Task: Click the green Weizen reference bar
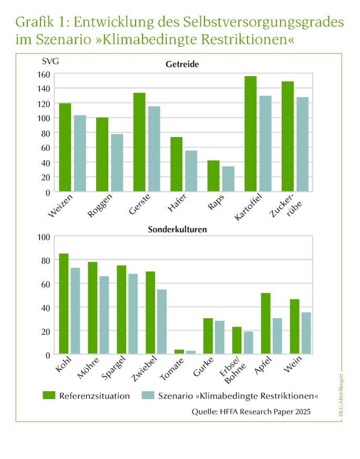65,147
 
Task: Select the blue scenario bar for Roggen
117,163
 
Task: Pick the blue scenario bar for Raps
228,179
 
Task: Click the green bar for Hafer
176,165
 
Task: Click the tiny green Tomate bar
179,352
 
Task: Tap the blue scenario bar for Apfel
277,336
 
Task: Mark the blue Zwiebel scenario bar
162,322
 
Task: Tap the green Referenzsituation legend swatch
49,395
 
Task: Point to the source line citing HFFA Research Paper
251,412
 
